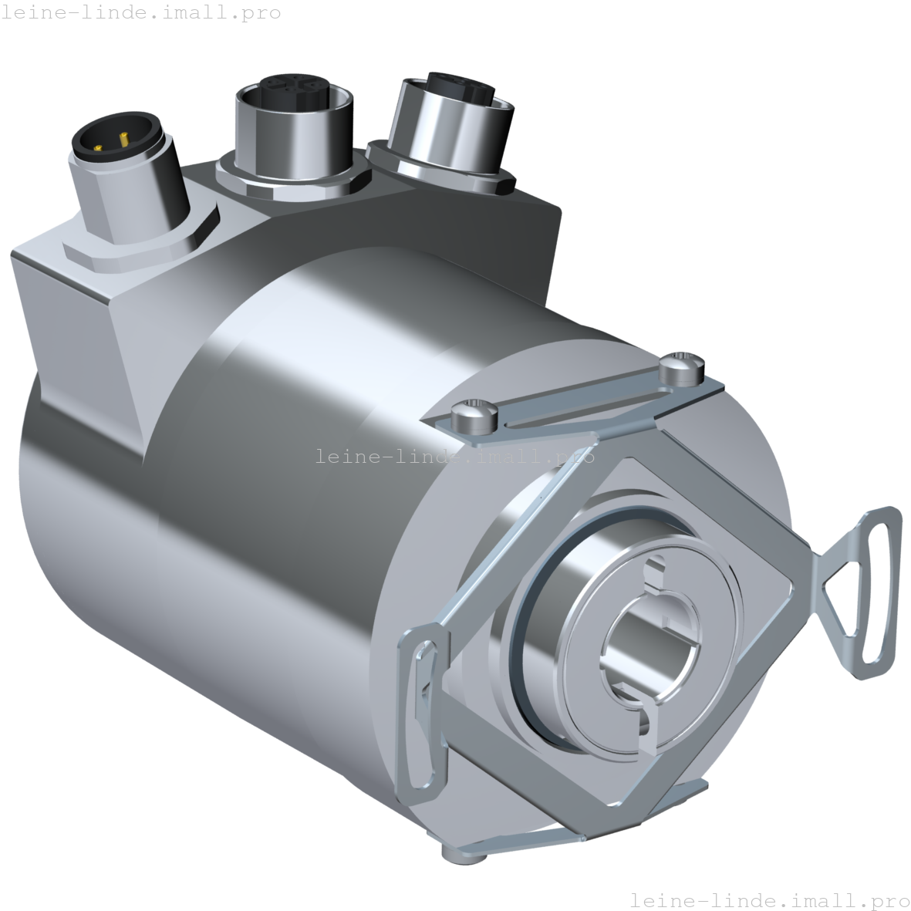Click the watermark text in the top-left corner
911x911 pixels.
140,12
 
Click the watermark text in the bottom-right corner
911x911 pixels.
769,899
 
